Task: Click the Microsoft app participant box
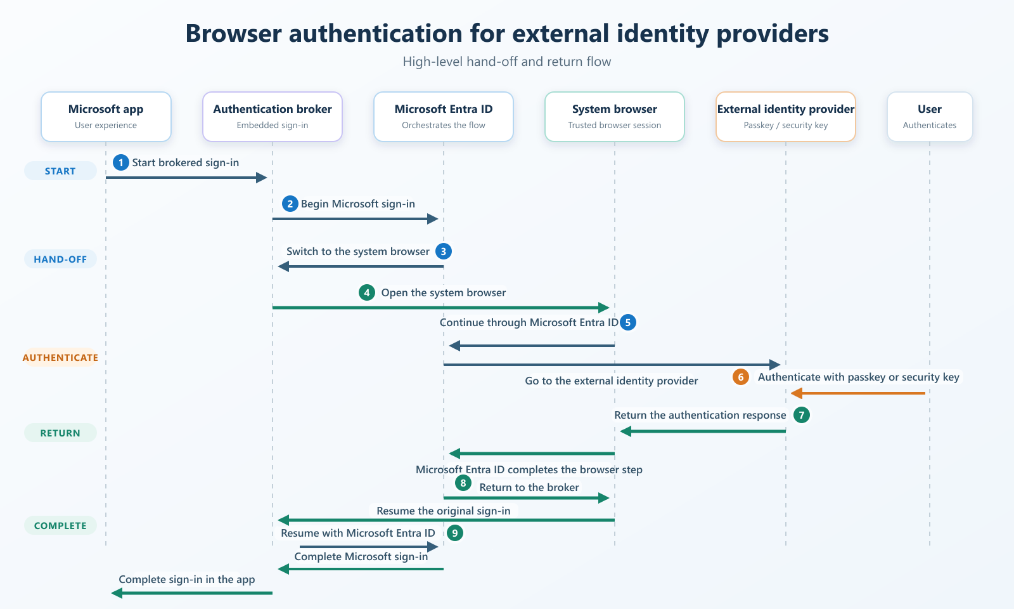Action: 106,117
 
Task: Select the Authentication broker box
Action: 273,117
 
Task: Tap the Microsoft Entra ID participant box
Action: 444,117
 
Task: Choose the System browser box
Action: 615,117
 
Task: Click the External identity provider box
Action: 786,117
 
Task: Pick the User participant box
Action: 930,117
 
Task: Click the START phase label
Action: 60,171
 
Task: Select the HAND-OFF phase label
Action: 60,259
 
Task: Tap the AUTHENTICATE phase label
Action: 60,358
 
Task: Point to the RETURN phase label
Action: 60,433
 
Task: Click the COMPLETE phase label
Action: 60,526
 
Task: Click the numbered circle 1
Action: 121,162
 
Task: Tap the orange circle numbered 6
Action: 741,377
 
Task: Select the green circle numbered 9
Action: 455,533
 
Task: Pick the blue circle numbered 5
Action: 628,322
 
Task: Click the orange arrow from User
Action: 858,393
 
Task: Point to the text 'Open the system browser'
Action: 444,292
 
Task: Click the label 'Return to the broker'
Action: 529,487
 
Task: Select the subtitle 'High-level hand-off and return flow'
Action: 507,61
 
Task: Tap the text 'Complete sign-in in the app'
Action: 187,579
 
